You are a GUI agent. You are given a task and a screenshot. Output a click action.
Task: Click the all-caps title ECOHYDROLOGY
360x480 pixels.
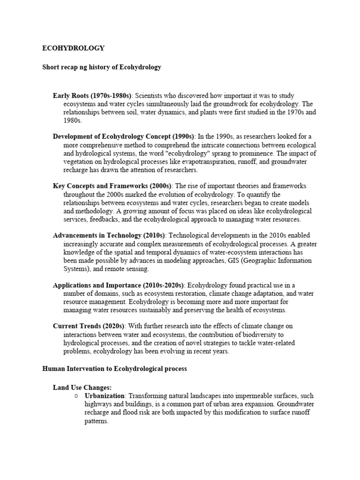tap(74, 48)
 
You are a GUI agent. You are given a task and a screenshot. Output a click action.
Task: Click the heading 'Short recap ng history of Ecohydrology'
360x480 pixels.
tap(102, 67)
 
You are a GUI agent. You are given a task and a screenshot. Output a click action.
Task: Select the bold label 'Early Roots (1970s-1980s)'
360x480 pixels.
tap(92, 96)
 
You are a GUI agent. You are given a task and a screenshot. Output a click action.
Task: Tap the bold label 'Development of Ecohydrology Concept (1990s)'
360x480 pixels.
tap(124, 136)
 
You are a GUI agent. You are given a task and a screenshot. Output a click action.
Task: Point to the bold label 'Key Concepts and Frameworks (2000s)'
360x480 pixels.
tap(112, 186)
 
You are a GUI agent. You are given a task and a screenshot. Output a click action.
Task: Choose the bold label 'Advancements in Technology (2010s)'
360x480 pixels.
tap(110, 235)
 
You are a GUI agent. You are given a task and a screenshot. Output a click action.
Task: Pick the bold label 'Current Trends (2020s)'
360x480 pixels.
tap(89, 326)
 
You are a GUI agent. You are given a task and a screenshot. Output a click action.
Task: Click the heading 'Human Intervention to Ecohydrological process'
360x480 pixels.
tap(114, 369)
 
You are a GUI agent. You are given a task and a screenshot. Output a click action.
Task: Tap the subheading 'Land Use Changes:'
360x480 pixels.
tap(82, 388)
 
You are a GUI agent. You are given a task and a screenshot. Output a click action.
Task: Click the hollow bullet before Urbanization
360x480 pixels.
tap(76, 396)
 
